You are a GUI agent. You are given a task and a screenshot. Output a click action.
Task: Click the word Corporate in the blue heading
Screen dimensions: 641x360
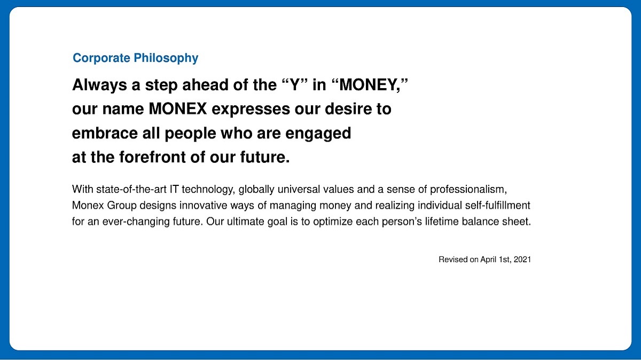[x=101, y=58]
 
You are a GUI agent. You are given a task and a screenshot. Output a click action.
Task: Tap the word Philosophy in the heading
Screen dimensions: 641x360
[x=166, y=59]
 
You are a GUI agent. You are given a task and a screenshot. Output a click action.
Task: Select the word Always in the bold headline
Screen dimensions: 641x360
[x=99, y=85]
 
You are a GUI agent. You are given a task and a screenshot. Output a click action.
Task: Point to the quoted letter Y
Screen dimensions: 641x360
[x=295, y=84]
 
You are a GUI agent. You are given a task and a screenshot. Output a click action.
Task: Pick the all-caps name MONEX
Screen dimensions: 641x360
[x=178, y=109]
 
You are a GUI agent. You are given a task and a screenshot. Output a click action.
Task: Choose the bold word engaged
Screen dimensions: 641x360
[x=318, y=134]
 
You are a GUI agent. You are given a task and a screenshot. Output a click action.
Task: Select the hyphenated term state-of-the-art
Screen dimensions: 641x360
[x=131, y=189]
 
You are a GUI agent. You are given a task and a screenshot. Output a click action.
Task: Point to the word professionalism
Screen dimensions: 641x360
[x=468, y=190]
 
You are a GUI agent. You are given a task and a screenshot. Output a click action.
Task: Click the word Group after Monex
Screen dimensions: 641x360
[x=122, y=206]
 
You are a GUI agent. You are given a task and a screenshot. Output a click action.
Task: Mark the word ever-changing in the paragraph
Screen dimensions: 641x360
[x=136, y=222]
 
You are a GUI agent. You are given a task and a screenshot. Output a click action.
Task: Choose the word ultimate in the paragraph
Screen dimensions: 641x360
[x=246, y=222]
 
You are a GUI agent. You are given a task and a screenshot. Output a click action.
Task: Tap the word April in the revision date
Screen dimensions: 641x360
[x=488, y=260]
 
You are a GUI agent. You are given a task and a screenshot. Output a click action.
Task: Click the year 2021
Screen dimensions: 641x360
[x=522, y=260]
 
